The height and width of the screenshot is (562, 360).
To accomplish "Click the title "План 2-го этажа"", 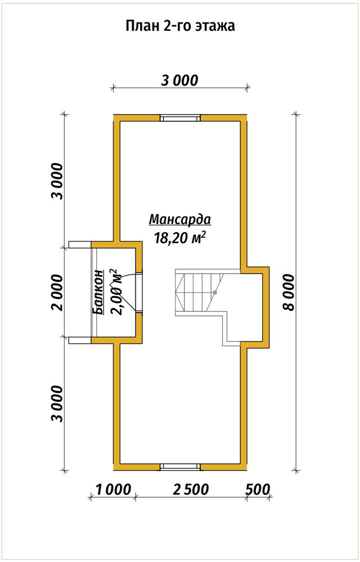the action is [181, 26].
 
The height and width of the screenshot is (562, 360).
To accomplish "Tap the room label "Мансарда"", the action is [180, 219].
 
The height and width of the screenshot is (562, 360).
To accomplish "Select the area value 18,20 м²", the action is [180, 237].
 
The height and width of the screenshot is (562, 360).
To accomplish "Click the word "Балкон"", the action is [98, 292].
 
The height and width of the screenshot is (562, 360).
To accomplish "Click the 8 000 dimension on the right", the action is [289, 292].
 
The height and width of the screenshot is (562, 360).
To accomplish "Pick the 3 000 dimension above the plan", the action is [179, 80].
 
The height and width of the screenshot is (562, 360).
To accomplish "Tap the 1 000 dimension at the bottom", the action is [113, 490].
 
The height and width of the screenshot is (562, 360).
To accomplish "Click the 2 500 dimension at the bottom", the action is [190, 490].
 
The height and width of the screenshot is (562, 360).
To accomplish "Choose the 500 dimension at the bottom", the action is [258, 490].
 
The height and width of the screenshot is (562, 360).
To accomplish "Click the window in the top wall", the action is [179, 118].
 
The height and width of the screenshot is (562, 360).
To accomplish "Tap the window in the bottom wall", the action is [179, 466].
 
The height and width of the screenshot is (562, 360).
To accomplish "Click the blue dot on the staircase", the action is [215, 292].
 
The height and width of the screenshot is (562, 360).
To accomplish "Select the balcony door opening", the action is [139, 292].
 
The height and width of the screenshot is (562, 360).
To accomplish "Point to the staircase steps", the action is [200, 292].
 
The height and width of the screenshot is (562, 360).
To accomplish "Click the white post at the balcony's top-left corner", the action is [80, 244].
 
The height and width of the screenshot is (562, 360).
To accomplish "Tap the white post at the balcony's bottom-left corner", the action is [80, 340].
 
